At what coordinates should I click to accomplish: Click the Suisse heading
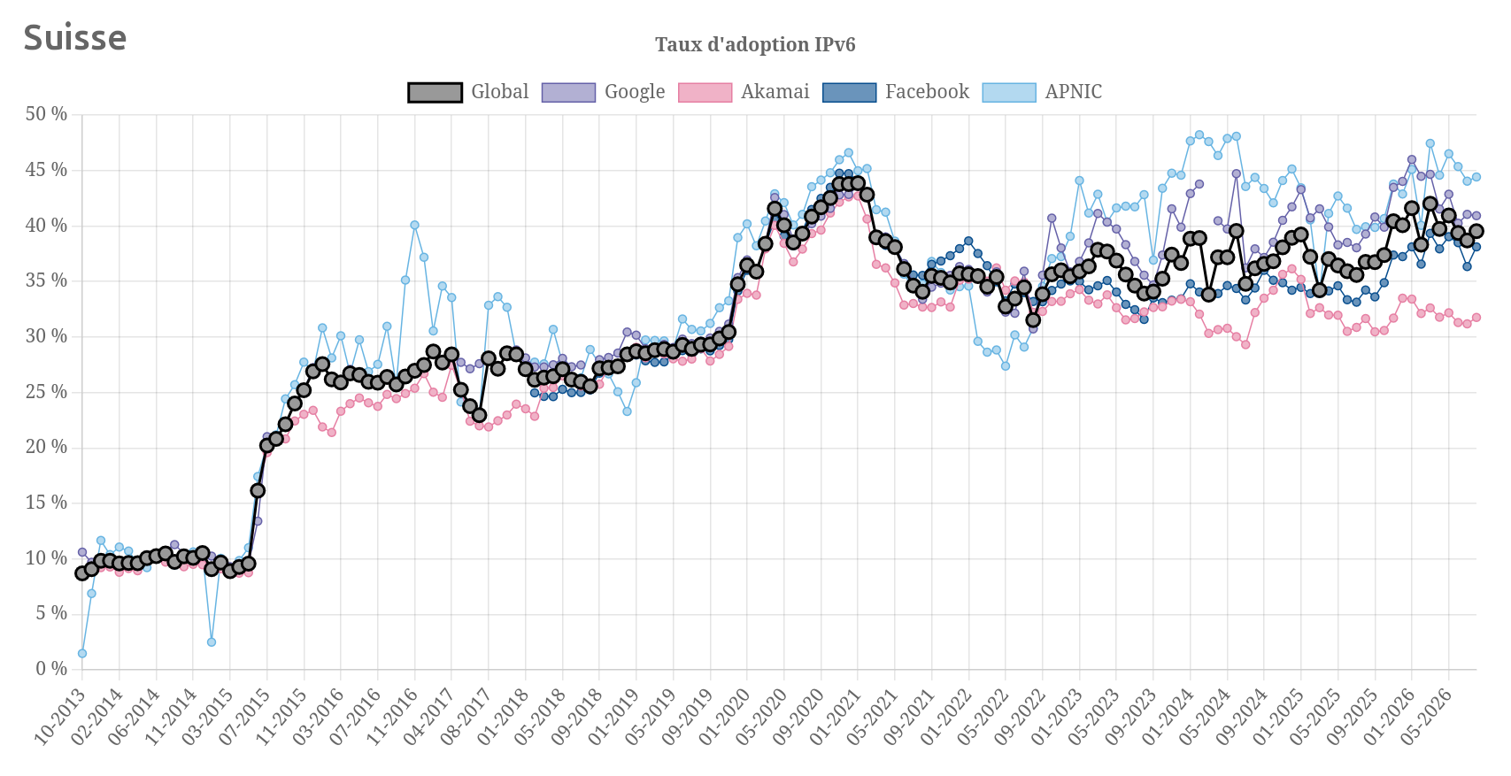tap(75, 37)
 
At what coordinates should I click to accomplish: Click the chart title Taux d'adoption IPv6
tap(755, 44)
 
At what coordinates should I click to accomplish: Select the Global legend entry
tap(468, 92)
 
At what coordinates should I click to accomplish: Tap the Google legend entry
tap(603, 92)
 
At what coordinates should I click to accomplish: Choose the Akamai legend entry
tap(744, 92)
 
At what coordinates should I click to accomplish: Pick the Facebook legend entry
tap(896, 92)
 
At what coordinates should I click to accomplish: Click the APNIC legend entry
tap(1042, 92)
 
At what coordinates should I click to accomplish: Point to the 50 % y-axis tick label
tap(47, 114)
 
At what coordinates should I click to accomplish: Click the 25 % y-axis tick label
tap(47, 392)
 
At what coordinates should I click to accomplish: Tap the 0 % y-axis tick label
tap(52, 669)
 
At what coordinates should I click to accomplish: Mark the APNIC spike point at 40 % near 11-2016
tap(414, 225)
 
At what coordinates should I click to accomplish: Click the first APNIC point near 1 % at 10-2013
tap(81, 653)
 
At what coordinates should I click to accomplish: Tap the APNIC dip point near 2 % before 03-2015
tap(212, 642)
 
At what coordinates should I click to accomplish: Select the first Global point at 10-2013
tap(81, 573)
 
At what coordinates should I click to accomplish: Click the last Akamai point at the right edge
tap(1476, 318)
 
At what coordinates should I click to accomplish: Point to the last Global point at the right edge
tap(1476, 231)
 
